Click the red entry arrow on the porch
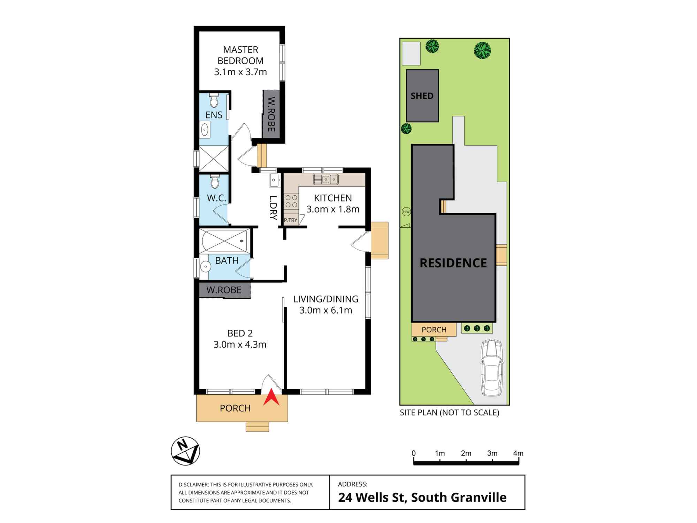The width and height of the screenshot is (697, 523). pyautogui.click(x=271, y=400)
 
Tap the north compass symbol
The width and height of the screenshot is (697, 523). pyautogui.click(x=185, y=451)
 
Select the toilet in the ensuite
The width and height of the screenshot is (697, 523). pyautogui.click(x=214, y=100)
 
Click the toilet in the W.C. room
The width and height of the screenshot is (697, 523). pyautogui.click(x=214, y=181)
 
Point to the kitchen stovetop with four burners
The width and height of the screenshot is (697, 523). pyautogui.click(x=291, y=201)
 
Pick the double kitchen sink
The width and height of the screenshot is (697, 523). pyautogui.click(x=326, y=179)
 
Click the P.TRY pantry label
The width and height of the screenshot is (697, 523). pyautogui.click(x=291, y=220)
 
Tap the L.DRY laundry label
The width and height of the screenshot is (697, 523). pyautogui.click(x=273, y=207)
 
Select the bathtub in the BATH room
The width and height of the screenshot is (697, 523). pyautogui.click(x=225, y=241)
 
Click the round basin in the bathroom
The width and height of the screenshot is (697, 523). pyautogui.click(x=206, y=267)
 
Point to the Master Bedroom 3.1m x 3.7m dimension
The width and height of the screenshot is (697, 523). pyautogui.click(x=240, y=72)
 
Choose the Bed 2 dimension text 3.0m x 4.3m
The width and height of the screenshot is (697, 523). pyautogui.click(x=240, y=344)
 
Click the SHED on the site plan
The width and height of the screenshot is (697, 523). pyautogui.click(x=422, y=96)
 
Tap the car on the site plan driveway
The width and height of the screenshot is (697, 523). pyautogui.click(x=492, y=367)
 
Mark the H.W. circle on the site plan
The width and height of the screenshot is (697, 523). pyautogui.click(x=406, y=212)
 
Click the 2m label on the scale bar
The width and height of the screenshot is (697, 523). pyautogui.click(x=466, y=453)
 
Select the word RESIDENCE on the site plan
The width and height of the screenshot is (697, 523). pyautogui.click(x=453, y=263)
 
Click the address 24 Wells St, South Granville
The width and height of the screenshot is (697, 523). pyautogui.click(x=422, y=498)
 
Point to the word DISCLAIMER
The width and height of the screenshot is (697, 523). pyautogui.click(x=194, y=485)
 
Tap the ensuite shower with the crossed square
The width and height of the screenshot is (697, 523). pyautogui.click(x=214, y=159)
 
